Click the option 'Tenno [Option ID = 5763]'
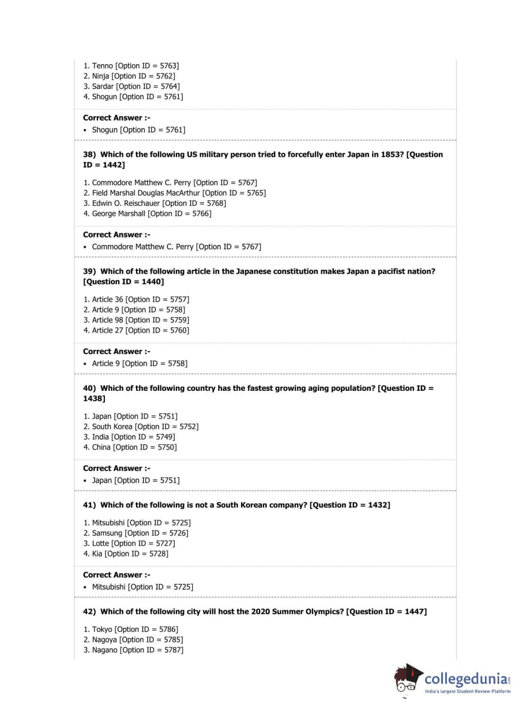[x=135, y=66]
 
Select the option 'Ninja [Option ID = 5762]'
[x=133, y=76]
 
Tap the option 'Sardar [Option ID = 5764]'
[x=136, y=86]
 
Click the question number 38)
[x=89, y=154]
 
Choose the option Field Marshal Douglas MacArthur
[x=179, y=193]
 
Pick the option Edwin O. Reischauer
[x=159, y=203]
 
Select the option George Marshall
[x=151, y=214]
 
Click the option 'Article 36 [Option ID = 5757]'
[x=140, y=300]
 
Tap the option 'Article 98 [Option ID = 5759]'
[x=140, y=320]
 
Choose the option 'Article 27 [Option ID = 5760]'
[x=140, y=330]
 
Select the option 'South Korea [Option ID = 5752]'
[x=145, y=427]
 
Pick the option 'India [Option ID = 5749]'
[x=133, y=437]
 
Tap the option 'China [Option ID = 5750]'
[x=134, y=448]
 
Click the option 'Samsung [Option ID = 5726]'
[x=140, y=533]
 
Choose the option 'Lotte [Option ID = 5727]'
[x=133, y=543]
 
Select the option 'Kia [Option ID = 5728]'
[x=130, y=554]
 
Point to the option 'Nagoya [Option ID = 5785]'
[x=137, y=640]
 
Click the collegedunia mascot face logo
[x=407, y=679]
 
